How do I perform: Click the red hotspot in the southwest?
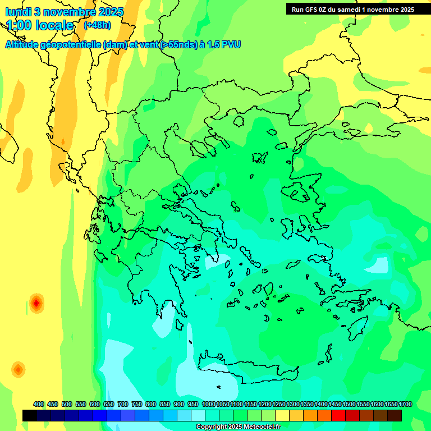pyautogui.click(x=36, y=303)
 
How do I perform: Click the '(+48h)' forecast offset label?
pyautogui.click(x=97, y=25)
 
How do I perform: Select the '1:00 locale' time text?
pyautogui.click(x=40, y=25)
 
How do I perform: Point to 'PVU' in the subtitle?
pyautogui.click(x=230, y=44)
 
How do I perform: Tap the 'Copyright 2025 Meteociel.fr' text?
pyautogui.click(x=238, y=427)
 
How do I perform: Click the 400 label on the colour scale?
pyautogui.click(x=39, y=404)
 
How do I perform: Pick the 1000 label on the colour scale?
pyautogui.click(x=209, y=404)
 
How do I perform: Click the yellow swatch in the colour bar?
pyautogui.click(x=282, y=415)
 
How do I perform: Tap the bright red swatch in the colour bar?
pyautogui.click(x=338, y=415)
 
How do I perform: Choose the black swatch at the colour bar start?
pyautogui.click(x=30, y=415)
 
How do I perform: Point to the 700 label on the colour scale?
pyautogui.click(x=123, y=404)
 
